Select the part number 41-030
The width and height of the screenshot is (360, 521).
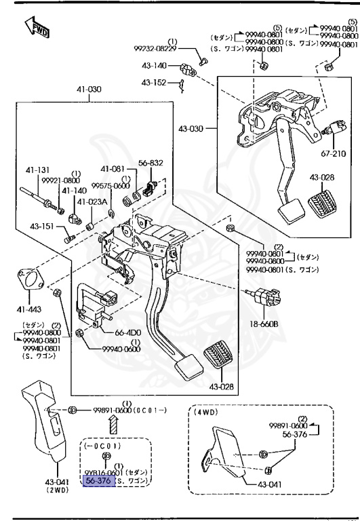[89, 89]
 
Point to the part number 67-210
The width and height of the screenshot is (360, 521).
[334, 153]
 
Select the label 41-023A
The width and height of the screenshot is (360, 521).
[90, 201]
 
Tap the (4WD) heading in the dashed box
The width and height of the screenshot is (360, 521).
[206, 412]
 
